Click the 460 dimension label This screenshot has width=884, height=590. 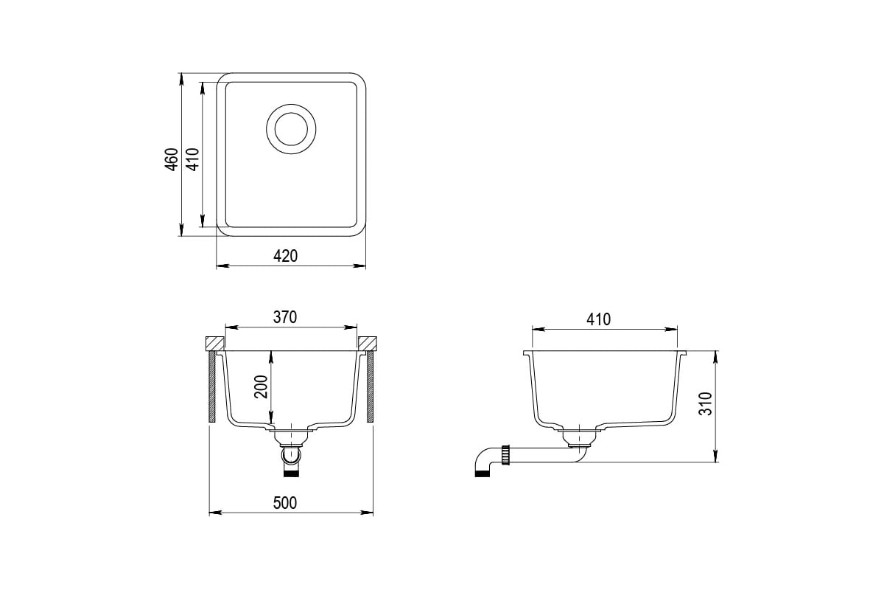(172, 159)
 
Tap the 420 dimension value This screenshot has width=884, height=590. (285, 256)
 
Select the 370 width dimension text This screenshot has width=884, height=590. (285, 317)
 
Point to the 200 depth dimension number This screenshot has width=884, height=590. (261, 386)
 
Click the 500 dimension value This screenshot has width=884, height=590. (285, 503)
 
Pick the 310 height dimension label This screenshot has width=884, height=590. (706, 403)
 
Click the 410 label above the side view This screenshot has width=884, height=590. (598, 319)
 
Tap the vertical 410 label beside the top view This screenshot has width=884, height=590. (193, 159)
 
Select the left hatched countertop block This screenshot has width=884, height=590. (215, 343)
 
